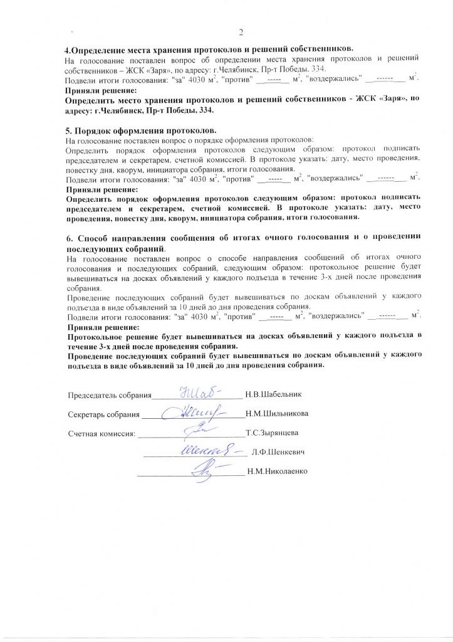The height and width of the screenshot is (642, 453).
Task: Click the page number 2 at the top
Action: [x=240, y=33]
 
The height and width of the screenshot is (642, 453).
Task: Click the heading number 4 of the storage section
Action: [x=68, y=50]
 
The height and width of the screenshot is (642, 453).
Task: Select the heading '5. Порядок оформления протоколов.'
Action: [x=141, y=131]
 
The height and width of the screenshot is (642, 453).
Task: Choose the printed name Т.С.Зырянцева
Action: [x=272, y=433]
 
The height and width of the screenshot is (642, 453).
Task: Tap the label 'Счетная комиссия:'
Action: [x=101, y=433]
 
